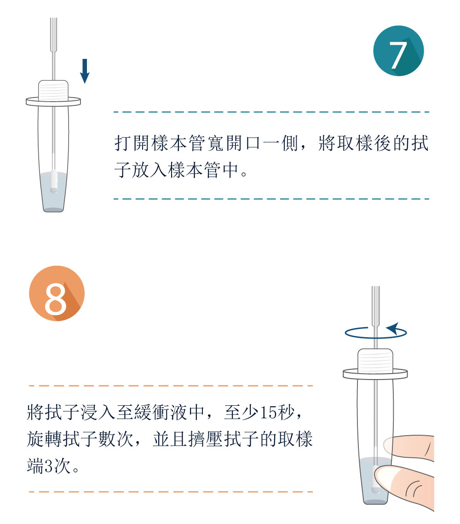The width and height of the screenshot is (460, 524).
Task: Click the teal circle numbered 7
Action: pyautogui.click(x=398, y=51)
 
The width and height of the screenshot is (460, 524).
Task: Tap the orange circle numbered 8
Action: pyautogui.click(x=57, y=294)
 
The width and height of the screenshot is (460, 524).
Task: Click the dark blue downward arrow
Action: pyautogui.click(x=85, y=71)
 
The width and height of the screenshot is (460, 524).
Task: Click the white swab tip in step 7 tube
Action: pyautogui.click(x=53, y=180)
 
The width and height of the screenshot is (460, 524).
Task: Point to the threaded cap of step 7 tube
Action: pyautogui.click(x=53, y=90)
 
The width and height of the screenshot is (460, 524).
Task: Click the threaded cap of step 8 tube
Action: pyautogui.click(x=375, y=360)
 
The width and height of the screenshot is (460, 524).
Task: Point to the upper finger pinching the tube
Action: pyautogui.click(x=409, y=447)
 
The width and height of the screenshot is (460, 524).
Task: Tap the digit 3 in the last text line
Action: pyautogui.click(x=48, y=466)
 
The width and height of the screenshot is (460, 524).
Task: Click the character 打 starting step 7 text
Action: pyautogui.click(x=123, y=144)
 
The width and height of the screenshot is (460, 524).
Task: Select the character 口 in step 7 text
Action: pyautogui.click(x=253, y=144)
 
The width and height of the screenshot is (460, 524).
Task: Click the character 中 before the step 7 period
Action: pyautogui.click(x=230, y=170)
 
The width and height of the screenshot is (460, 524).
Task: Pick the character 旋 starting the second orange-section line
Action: pyautogui.click(x=35, y=439)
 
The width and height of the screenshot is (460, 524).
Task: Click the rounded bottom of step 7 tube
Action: pyautogui.click(x=53, y=209)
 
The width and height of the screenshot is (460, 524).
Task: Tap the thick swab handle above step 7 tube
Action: pyautogui.click(x=53, y=35)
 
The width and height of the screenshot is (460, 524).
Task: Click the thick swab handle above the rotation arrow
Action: pyautogui.click(x=375, y=306)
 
